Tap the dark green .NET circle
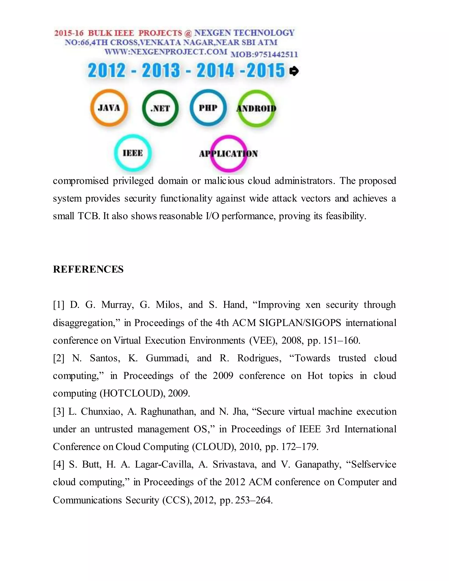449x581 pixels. click(x=160, y=108)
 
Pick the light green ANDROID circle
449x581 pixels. click(x=256, y=108)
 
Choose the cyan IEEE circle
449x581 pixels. click(x=133, y=153)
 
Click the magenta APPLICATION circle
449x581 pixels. click(x=228, y=154)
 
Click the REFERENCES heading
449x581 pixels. click(x=88, y=269)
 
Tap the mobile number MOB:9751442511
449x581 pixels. click(x=264, y=55)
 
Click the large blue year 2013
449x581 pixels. click(x=161, y=71)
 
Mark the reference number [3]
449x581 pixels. click(x=59, y=412)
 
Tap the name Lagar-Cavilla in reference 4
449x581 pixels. click(x=164, y=465)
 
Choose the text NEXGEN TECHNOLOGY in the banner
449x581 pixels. click(x=244, y=33)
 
